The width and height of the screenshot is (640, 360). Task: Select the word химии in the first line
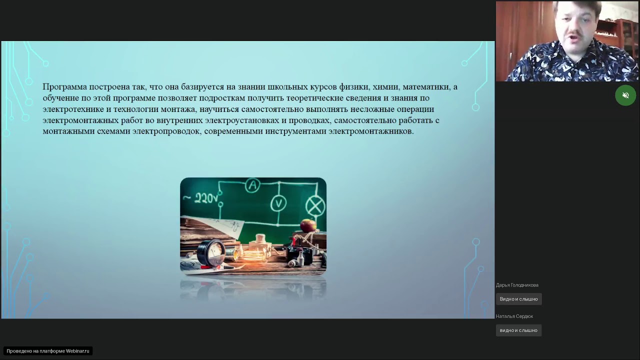385,87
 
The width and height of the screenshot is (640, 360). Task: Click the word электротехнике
73,109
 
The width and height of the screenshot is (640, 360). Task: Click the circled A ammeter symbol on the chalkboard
252,186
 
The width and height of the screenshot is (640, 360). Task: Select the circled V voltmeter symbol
278,203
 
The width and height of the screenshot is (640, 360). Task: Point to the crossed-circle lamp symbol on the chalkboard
315,206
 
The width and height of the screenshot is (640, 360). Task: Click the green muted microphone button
625,95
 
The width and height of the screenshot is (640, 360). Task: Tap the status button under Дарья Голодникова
518,299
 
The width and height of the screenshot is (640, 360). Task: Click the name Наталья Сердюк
514,316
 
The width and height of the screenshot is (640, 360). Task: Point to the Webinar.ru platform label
48,351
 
